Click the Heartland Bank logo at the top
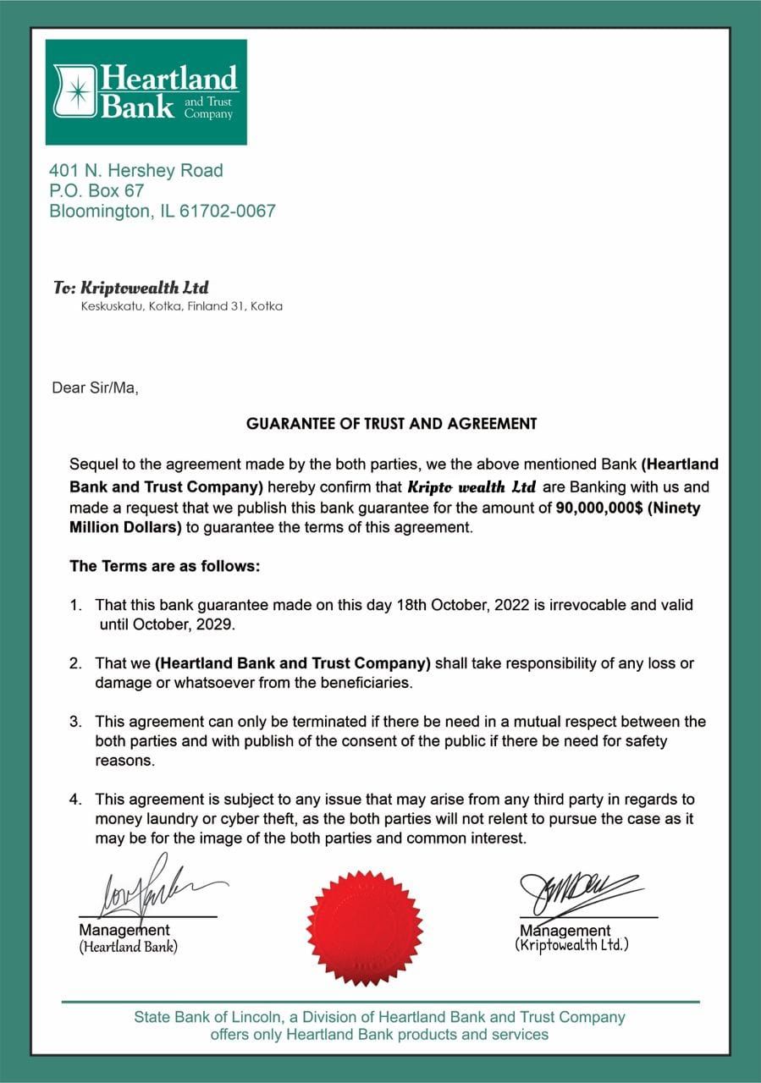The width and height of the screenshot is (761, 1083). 146,91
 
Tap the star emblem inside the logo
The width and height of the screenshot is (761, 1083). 80,91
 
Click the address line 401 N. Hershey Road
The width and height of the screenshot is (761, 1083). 135,171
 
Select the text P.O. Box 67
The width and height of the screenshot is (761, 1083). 97,191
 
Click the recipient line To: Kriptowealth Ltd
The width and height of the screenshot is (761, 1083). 130,288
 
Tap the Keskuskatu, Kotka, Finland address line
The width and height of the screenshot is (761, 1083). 181,306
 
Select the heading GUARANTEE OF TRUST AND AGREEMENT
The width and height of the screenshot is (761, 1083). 391,423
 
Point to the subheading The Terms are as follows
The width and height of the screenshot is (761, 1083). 164,566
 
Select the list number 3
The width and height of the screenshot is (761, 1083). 74,723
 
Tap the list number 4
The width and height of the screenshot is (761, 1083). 74,800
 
